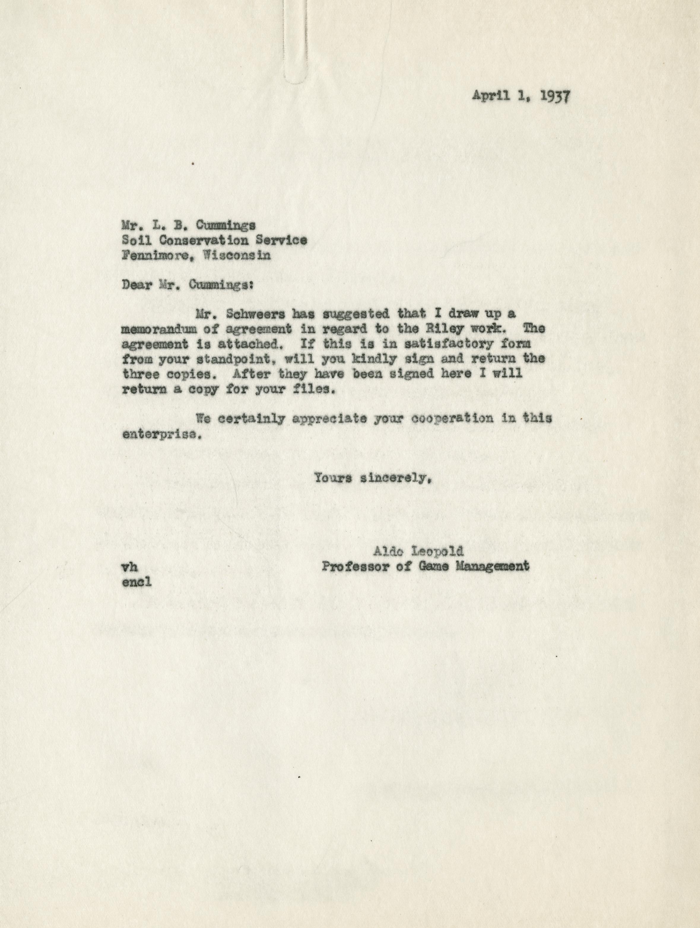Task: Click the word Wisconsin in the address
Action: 237,255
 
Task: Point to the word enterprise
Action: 159,434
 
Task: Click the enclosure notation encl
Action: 136,582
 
